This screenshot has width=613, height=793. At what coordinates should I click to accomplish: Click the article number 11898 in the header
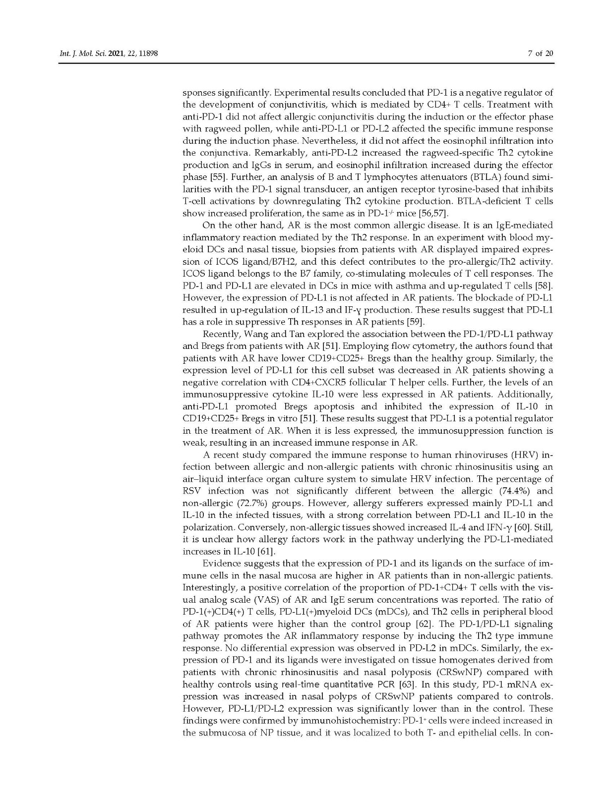pos(146,54)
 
